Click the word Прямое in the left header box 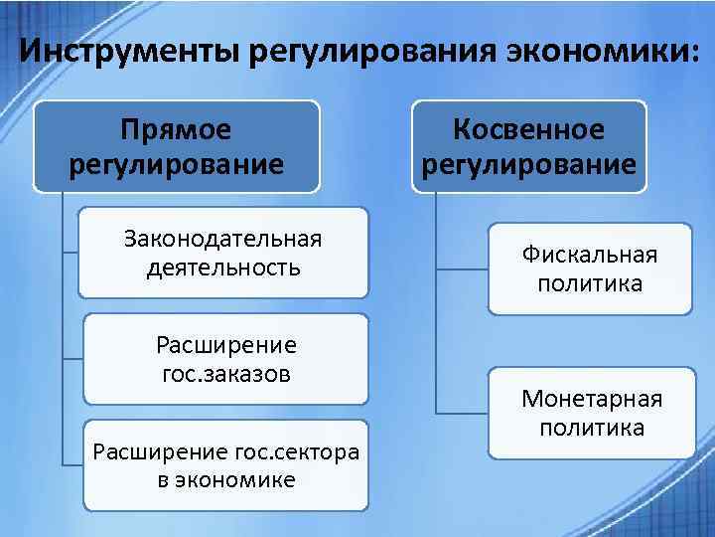pos(175,129)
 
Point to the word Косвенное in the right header pos(528,129)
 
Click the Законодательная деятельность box pos(223,253)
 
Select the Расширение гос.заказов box pos(225,359)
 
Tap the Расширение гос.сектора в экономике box pos(225,465)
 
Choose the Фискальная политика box pos(590,268)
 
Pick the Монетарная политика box pos(592,413)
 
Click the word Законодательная pos(223,239)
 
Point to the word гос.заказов pos(225,374)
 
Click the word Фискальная pos(590,255)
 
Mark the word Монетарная pos(592,399)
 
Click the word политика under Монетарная pos(592,428)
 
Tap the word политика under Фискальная pos(590,283)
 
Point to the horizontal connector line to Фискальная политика pos(462,268)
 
